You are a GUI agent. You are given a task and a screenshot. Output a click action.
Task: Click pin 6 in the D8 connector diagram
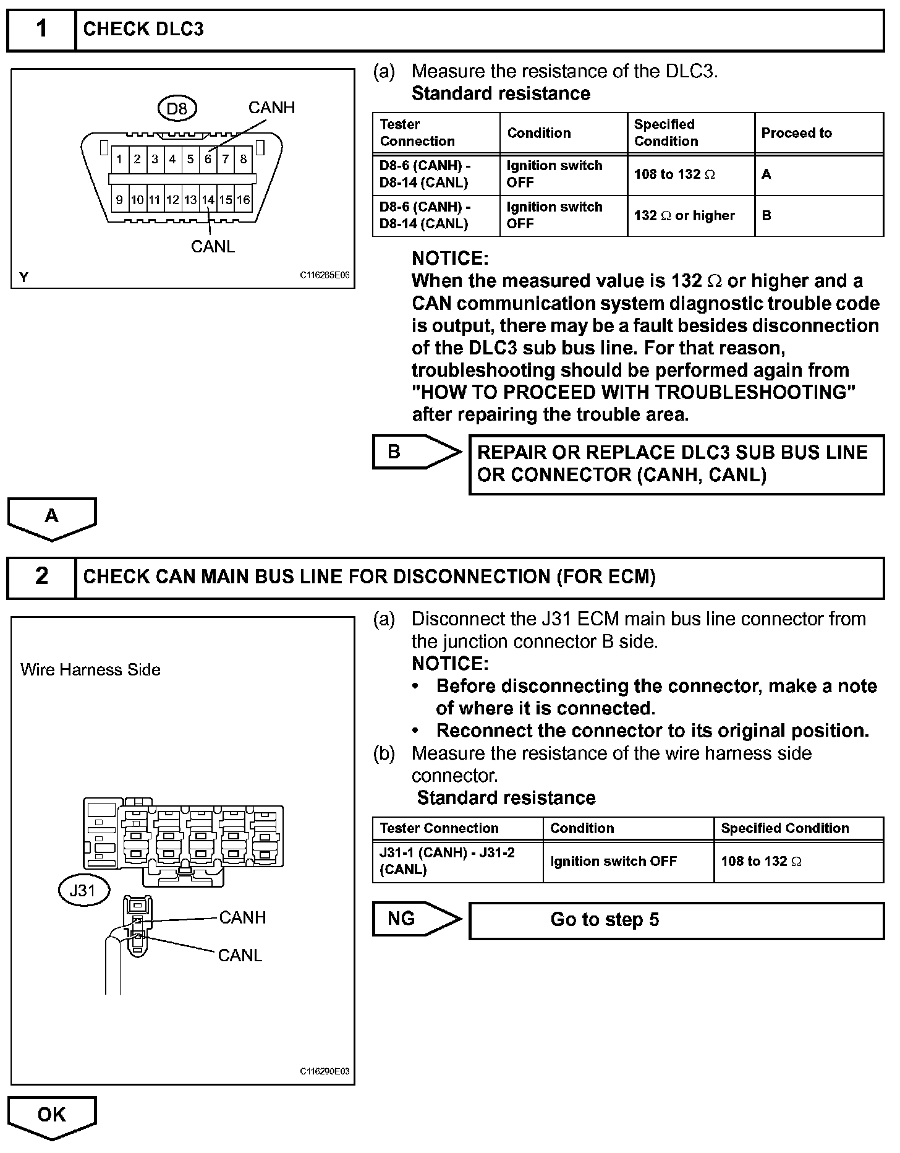point(208,159)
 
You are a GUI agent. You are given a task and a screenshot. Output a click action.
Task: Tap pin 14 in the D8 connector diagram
point(208,200)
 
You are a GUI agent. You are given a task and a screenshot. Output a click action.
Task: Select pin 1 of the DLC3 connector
point(119,159)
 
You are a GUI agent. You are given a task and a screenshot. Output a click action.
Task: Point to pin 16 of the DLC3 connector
point(244,200)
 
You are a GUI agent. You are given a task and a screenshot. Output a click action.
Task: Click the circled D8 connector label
point(177,109)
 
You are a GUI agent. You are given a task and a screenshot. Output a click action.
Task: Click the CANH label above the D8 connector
point(271,108)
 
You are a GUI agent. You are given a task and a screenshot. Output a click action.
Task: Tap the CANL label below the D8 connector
point(213,247)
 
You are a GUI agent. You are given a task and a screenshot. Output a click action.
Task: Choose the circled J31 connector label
point(83,891)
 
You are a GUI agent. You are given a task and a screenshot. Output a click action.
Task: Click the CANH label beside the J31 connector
point(242,917)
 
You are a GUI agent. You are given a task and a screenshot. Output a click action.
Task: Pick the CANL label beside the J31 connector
point(240,956)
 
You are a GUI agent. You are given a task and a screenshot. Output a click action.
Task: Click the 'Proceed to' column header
point(796,133)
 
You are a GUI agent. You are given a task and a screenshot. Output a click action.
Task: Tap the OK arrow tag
point(52,1115)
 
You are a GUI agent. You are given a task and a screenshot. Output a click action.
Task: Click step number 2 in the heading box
point(41,576)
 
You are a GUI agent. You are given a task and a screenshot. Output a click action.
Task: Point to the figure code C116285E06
point(325,275)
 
